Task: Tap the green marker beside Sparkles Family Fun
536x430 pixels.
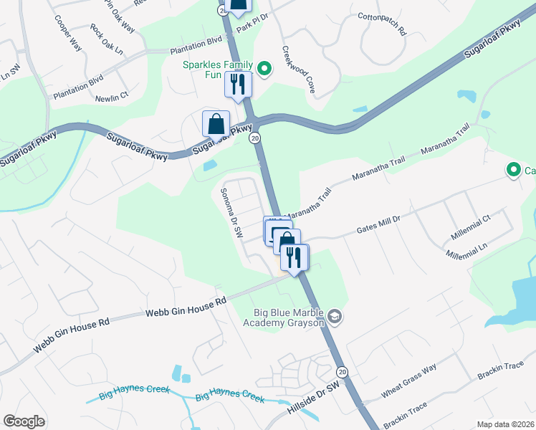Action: click(x=264, y=69)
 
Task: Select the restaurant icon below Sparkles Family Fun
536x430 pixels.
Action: click(x=238, y=85)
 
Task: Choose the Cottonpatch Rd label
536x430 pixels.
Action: click(x=382, y=26)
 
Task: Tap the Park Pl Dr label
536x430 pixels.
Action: click(x=253, y=16)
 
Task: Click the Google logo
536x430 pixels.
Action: click(x=24, y=421)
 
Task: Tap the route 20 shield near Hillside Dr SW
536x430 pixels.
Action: click(x=343, y=371)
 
